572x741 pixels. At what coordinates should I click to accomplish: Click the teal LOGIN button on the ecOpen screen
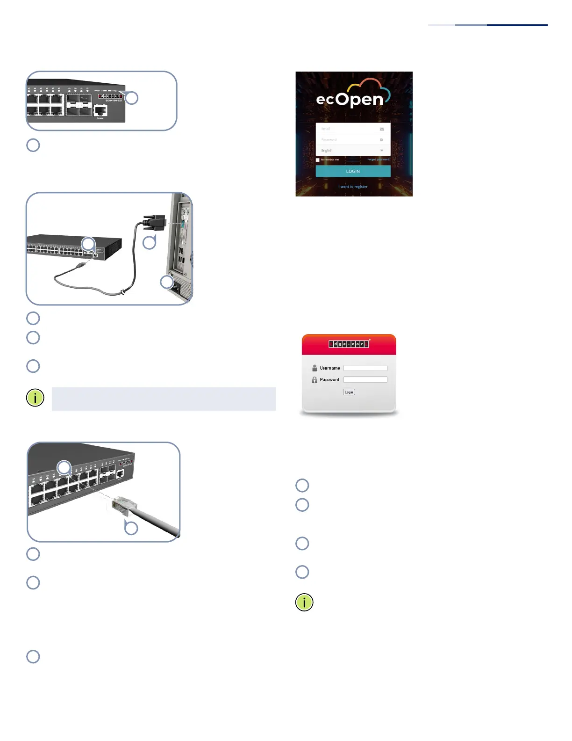tap(353, 171)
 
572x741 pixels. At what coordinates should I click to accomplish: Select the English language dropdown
tap(353, 150)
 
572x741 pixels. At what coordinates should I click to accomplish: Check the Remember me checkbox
tap(318, 160)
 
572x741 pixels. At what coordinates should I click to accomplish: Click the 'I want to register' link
tap(353, 187)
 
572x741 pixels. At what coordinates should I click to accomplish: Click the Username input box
tap(365, 368)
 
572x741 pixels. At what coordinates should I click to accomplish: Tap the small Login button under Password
tap(349, 392)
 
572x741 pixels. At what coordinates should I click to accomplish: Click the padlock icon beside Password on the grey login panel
tap(315, 380)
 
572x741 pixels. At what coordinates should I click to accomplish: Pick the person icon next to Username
tap(315, 368)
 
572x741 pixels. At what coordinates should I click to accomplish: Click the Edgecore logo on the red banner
tap(349, 344)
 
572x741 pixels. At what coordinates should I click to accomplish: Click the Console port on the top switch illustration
tap(100, 110)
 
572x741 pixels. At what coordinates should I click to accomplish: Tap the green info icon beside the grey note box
tap(35, 398)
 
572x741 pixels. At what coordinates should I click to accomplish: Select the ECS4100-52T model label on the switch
tap(114, 101)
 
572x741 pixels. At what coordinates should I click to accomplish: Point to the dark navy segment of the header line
tap(517, 25)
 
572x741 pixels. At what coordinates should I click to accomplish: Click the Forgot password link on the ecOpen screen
tap(379, 160)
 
